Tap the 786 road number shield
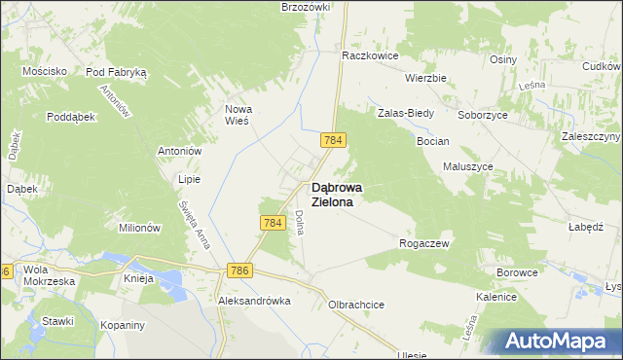pyautogui.click(x=239, y=268)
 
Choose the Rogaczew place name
pyautogui.click(x=423, y=243)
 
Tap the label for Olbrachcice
pyautogui.click(x=356, y=305)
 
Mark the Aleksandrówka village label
pyautogui.click(x=255, y=302)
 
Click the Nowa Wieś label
pyautogui.click(x=238, y=115)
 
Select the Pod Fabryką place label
pyautogui.click(x=116, y=72)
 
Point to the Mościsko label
pyautogui.click(x=45, y=71)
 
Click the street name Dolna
pyautogui.click(x=300, y=224)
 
